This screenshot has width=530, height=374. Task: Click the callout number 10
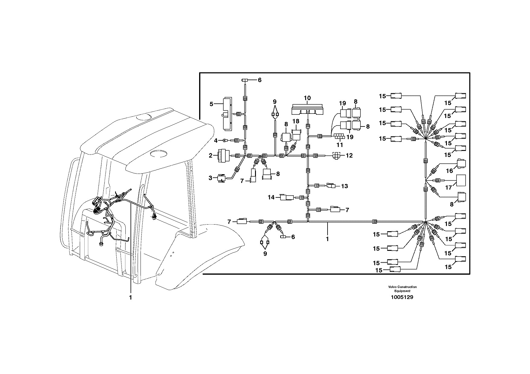[x=307, y=98]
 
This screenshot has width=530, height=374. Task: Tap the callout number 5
[x=212, y=104]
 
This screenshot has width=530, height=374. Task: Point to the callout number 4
[x=216, y=140]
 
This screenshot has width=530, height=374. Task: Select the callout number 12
[x=349, y=156]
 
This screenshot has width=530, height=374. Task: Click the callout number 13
[x=345, y=186]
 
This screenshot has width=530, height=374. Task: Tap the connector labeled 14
[x=287, y=197]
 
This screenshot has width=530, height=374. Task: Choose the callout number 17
[x=448, y=187]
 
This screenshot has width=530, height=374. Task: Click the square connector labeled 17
[x=461, y=180]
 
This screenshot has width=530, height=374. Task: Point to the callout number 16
[x=450, y=171]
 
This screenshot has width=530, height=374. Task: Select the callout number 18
[x=296, y=121]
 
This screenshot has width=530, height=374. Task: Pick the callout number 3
[x=211, y=178]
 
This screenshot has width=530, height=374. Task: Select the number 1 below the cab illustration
[x=131, y=297]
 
